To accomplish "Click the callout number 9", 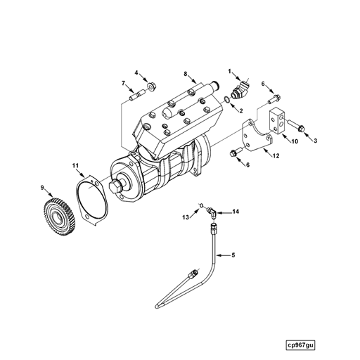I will pos(43,187).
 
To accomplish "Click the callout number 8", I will pos(185,74).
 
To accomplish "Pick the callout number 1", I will pos(229,71).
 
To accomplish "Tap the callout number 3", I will pos(315,141).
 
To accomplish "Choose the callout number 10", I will pos(295,141).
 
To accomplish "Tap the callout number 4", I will pos(137,73).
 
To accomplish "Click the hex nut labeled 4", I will pos(153,86).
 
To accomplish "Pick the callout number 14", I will pos(236,211).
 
